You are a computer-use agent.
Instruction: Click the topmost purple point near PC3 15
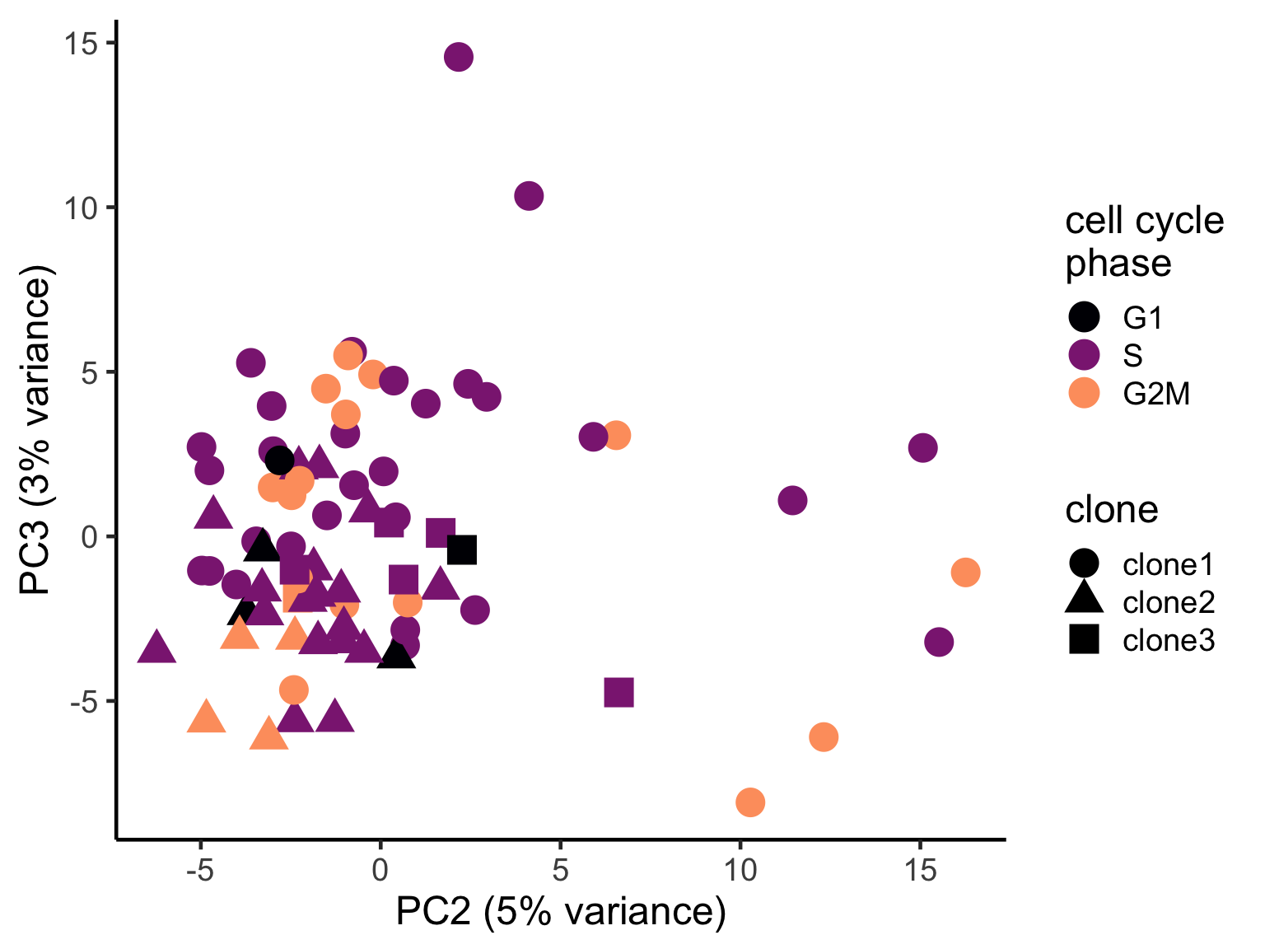click(459, 57)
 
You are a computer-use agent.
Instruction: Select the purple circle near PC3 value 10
click(529, 196)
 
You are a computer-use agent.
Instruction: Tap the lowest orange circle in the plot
click(750, 802)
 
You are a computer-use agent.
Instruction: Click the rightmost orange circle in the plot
click(965, 572)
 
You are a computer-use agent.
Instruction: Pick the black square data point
click(462, 549)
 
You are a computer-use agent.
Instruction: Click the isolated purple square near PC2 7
click(618, 693)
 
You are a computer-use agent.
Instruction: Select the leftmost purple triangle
click(156, 648)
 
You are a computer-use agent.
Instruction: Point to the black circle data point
click(280, 460)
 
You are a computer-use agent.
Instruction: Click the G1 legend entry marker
click(1084, 316)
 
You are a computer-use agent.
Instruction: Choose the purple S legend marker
click(1084, 355)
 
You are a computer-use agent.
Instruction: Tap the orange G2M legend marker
click(1084, 394)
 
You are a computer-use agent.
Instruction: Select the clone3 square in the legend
click(1084, 640)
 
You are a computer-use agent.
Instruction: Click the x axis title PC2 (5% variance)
click(561, 912)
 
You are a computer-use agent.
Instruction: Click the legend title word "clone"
click(1112, 510)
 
